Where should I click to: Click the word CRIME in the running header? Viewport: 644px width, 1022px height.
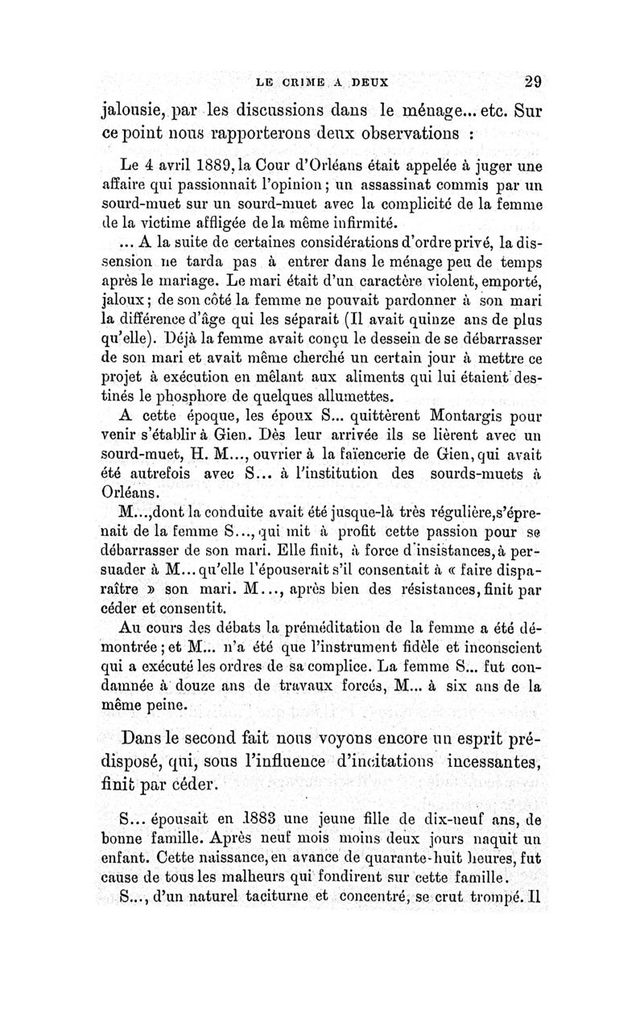tap(300, 81)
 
